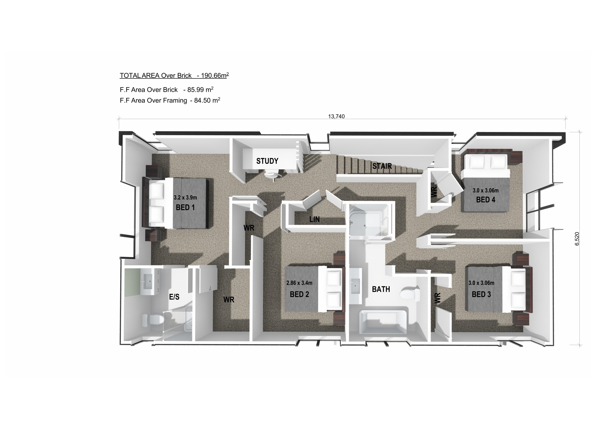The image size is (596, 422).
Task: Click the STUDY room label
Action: (x=267, y=161)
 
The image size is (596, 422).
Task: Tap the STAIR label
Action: (x=382, y=166)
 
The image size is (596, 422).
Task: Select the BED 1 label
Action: (x=185, y=208)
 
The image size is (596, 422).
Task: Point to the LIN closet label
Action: (x=315, y=219)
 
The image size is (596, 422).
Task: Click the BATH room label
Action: (x=381, y=289)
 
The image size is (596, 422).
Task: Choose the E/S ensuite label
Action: (x=174, y=297)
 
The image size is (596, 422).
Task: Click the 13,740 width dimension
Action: (x=336, y=117)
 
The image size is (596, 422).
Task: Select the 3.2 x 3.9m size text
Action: (x=185, y=197)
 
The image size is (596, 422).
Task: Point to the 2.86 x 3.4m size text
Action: (x=299, y=283)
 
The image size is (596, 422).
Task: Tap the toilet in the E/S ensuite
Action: (x=152, y=320)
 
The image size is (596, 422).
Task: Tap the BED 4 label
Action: (x=485, y=200)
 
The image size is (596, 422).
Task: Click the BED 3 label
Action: (x=481, y=294)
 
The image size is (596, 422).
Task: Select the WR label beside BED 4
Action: (x=434, y=192)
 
